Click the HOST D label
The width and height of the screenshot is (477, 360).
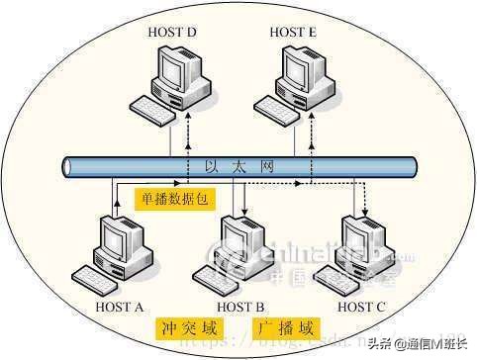pos(173,34)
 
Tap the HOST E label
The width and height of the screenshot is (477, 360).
pos(293,34)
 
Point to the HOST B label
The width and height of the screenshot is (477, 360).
pos(240,307)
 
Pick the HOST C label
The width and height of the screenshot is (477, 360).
pos(362,307)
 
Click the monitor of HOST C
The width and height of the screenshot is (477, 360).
pos(360,238)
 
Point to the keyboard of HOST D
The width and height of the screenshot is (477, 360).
pos(156,107)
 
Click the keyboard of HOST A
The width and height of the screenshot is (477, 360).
pos(101,276)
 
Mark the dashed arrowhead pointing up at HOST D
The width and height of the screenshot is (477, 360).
pos(187,115)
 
